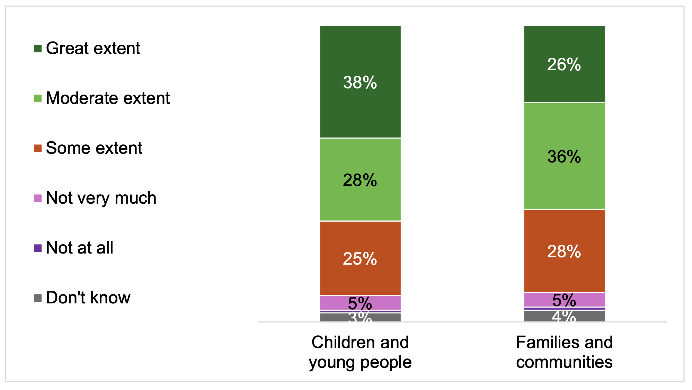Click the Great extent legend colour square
point(38,48)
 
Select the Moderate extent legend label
point(108,98)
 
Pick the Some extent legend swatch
point(38,148)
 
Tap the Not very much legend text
point(101,198)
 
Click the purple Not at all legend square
point(38,248)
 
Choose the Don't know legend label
point(88,298)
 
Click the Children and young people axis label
point(360,352)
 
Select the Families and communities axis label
point(564,352)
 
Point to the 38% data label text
point(360,82)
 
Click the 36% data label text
point(564,157)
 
